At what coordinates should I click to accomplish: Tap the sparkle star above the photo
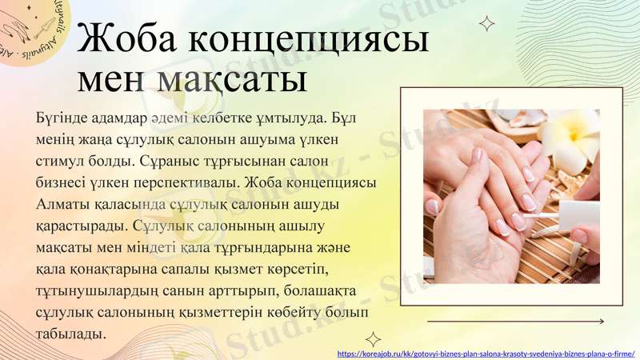(x=485, y=24)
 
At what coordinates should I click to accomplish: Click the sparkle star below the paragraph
(x=373, y=339)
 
